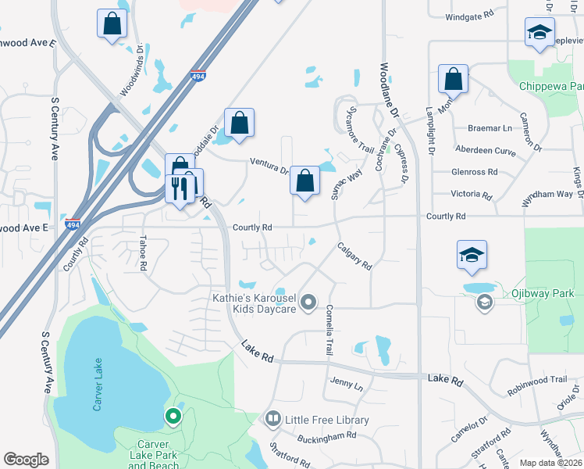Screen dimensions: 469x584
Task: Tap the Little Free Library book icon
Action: click(272, 420)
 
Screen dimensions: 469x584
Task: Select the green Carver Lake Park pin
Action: click(173, 417)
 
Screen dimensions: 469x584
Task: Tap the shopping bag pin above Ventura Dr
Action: click(239, 123)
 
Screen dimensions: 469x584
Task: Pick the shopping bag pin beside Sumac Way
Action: click(304, 181)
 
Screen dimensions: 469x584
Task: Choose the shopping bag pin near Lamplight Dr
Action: click(453, 80)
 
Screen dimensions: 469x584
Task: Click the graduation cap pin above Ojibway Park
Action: click(472, 256)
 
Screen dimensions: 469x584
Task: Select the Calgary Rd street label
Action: click(354, 256)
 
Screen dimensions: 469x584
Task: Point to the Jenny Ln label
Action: click(347, 385)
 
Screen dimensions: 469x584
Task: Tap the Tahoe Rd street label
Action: click(143, 253)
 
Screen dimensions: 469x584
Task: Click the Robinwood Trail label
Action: click(536, 379)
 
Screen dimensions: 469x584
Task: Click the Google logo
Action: click(26, 460)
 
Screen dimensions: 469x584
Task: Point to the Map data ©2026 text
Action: click(550, 463)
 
